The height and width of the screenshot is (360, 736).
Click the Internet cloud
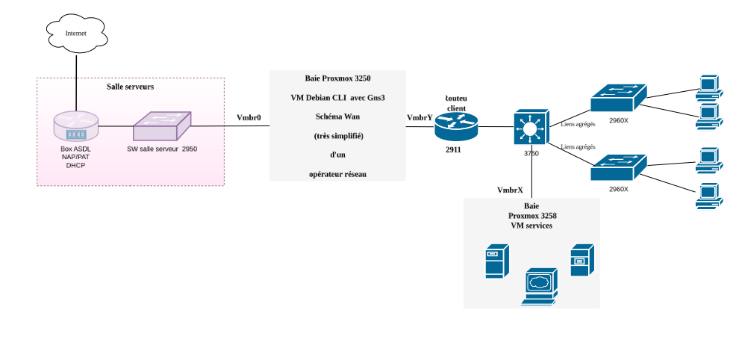pyautogui.click(x=75, y=34)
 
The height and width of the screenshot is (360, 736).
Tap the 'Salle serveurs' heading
pyautogui.click(x=131, y=87)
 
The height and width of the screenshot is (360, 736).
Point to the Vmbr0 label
pyautogui.click(x=249, y=117)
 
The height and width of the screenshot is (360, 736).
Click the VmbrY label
pyautogui.click(x=420, y=117)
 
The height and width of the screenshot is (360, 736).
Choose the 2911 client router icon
pyautogui.click(x=455, y=127)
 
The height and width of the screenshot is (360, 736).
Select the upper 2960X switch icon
pyautogui.click(x=619, y=99)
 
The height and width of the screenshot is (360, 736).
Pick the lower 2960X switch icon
pyautogui.click(x=619, y=167)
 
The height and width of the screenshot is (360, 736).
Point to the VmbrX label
pyautogui.click(x=510, y=190)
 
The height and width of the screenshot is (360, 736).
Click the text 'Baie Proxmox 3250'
pyautogui.click(x=337, y=78)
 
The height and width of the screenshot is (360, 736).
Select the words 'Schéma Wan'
pyautogui.click(x=337, y=117)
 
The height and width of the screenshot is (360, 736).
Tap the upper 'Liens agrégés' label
pyautogui.click(x=577, y=123)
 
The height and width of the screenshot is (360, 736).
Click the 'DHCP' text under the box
pyautogui.click(x=75, y=165)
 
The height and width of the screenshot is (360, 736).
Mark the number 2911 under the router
pyautogui.click(x=453, y=150)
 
